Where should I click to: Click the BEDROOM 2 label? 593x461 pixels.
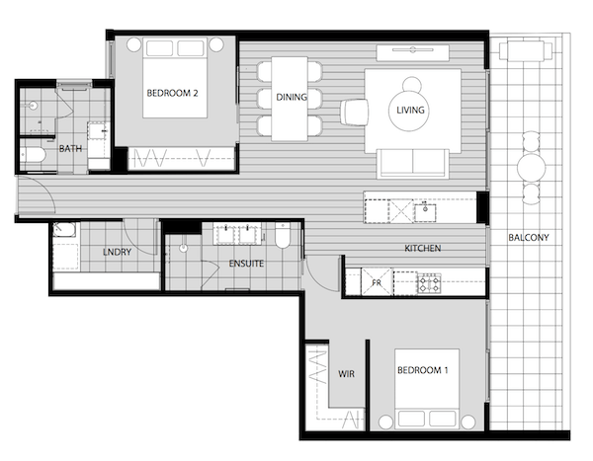pyautogui.click(x=172, y=93)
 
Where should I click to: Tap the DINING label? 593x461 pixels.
pyautogui.click(x=292, y=97)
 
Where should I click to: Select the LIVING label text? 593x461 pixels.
pyautogui.click(x=410, y=110)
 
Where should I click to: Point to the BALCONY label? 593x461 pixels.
pyautogui.click(x=529, y=238)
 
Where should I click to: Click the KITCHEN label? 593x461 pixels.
pyautogui.click(x=422, y=248)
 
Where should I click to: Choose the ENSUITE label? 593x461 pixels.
pyautogui.click(x=246, y=264)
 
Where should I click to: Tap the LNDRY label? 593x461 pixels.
pyautogui.click(x=117, y=252)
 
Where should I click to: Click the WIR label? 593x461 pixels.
pyautogui.click(x=346, y=374)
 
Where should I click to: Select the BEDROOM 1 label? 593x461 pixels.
pyautogui.click(x=422, y=370)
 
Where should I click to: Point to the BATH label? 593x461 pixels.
pyautogui.click(x=70, y=149)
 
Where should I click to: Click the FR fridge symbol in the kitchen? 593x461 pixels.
pyautogui.click(x=377, y=282)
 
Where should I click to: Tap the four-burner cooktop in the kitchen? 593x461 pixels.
pyautogui.click(x=429, y=283)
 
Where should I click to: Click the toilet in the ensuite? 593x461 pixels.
pyautogui.click(x=283, y=235)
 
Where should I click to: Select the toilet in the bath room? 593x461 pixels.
pyautogui.click(x=33, y=155)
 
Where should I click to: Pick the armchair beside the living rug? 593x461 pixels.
pyautogui.click(x=354, y=112)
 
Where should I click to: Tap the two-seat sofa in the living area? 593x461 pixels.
pyautogui.click(x=412, y=163)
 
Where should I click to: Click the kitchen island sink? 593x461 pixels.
pyautogui.click(x=425, y=213)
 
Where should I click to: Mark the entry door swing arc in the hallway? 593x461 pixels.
pyautogui.click(x=46, y=191)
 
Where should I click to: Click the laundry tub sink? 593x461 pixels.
pyautogui.click(x=64, y=230)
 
